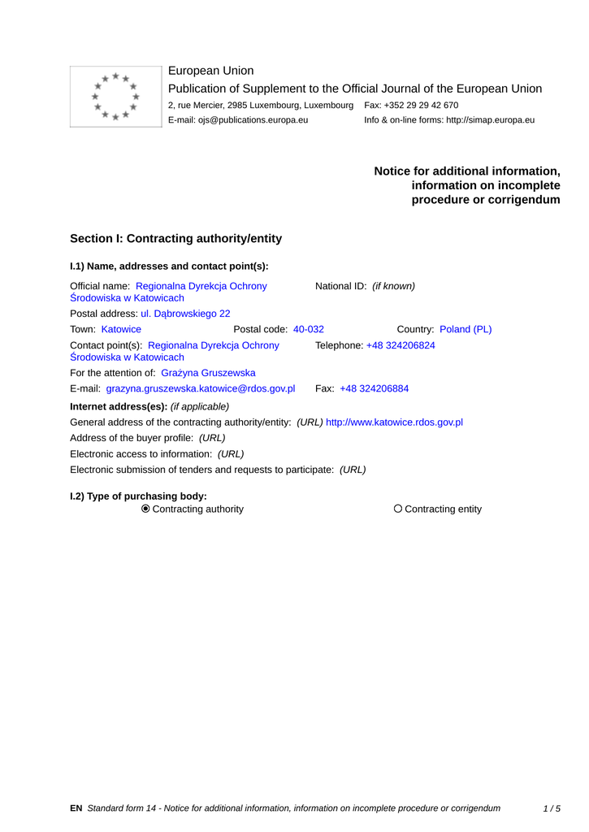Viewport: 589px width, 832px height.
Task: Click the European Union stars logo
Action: pos(116,97)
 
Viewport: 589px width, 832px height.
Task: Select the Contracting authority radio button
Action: pos(146,509)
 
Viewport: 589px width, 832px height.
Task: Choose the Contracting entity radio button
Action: pos(398,509)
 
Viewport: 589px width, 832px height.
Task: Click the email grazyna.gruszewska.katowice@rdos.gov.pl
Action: pos(201,388)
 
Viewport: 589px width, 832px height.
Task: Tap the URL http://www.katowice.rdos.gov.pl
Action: pos(394,422)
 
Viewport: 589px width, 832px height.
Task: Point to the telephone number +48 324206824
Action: pos(401,345)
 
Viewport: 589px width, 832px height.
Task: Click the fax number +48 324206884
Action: pos(374,388)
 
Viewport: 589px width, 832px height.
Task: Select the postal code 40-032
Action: pos(309,329)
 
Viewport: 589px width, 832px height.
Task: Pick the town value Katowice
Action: pos(121,329)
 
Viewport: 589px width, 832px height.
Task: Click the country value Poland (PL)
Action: pos(466,329)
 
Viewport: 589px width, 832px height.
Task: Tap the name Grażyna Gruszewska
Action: pos(208,373)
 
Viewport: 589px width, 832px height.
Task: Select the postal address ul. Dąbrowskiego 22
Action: pos(185,313)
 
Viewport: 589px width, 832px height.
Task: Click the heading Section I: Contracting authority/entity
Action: pos(175,239)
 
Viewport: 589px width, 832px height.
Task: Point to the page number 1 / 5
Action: pos(552,808)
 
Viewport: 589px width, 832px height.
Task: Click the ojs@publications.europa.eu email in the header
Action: pos(253,120)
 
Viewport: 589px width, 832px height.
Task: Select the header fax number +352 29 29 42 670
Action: pos(422,106)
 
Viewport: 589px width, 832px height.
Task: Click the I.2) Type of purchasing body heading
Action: pos(138,496)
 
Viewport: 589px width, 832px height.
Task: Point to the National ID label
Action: pos(341,286)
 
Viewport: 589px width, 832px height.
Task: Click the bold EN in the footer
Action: pos(76,808)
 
